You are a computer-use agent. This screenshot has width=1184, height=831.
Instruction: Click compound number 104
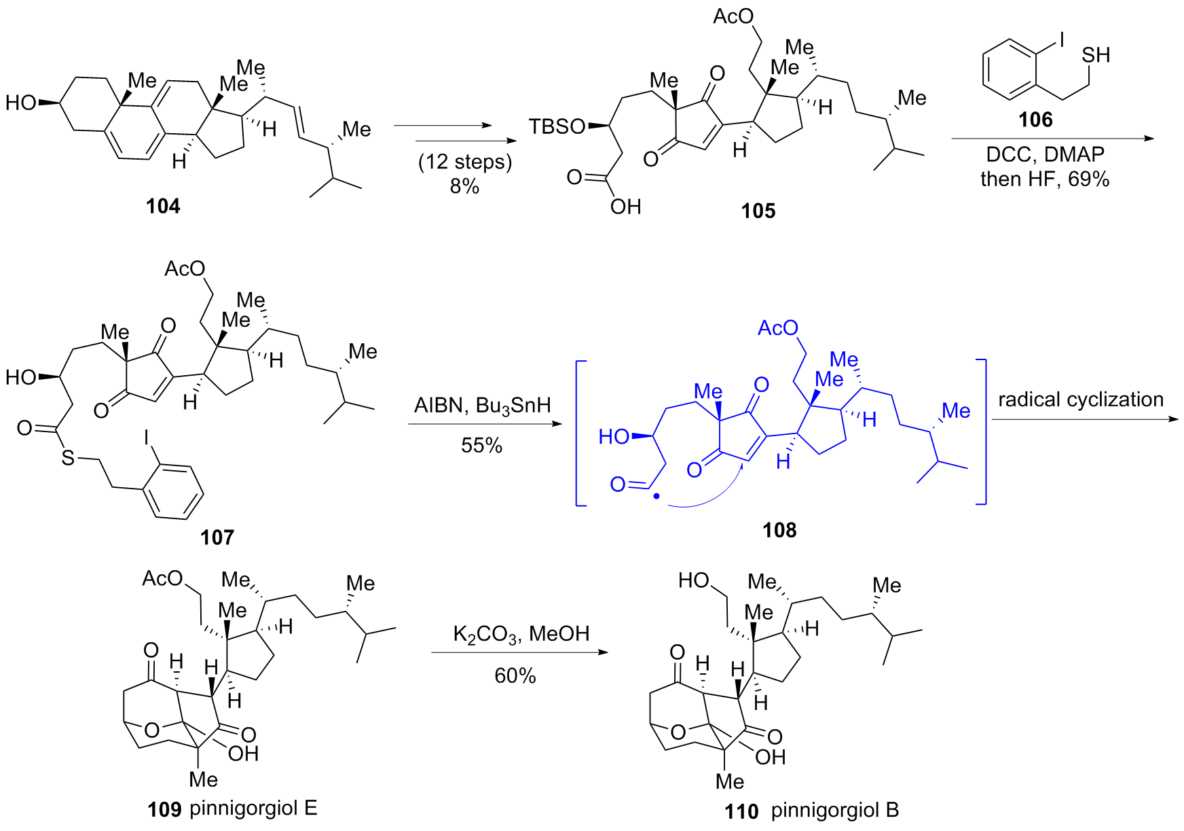coord(163,206)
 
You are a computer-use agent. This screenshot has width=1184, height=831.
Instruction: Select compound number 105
coord(758,211)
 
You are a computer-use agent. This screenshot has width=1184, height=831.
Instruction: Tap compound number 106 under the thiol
coord(1035,120)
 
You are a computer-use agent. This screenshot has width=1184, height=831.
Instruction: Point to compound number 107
coord(217,537)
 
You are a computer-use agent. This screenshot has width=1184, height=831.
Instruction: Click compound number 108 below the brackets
coord(779,530)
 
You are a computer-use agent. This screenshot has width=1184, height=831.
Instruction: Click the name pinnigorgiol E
coord(253,809)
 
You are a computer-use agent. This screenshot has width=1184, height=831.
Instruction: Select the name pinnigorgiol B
coord(835,810)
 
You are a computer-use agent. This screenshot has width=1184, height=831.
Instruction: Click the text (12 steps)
coord(465,162)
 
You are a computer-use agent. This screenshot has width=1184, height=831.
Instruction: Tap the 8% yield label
coord(464,185)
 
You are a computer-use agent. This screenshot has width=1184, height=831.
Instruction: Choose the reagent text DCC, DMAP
coord(1045,154)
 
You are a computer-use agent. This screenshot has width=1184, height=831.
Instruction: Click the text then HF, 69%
coord(1045,179)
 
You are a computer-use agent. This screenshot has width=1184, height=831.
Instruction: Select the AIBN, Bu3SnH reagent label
coord(482,406)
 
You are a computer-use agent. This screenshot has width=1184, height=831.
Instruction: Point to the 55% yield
coord(481,445)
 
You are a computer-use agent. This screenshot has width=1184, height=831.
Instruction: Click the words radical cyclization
coord(1081,400)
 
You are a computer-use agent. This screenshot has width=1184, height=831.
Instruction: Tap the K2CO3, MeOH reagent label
coord(521,634)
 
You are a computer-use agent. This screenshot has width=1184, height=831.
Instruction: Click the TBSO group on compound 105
coord(557,126)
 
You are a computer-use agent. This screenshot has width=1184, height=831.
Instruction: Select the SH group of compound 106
coord(1096,55)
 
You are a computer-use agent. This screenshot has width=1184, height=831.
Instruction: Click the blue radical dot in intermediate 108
coord(656,497)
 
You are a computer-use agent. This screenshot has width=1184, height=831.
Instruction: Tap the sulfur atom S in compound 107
coord(68,457)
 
